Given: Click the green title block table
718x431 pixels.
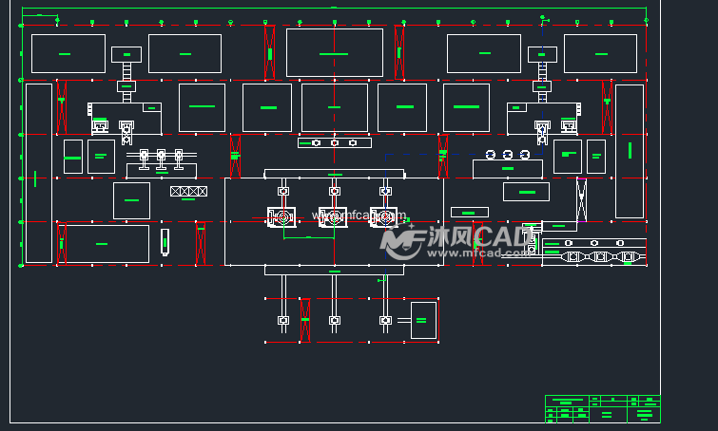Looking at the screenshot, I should [602, 408].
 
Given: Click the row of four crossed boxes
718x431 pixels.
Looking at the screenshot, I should [188, 192].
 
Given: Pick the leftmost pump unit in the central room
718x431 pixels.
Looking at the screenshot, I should [282, 217].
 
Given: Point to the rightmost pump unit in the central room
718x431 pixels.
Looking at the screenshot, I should [384, 217].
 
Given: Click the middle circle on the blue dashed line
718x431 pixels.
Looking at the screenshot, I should [508, 154].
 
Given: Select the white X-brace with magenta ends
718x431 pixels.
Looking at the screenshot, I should [580, 199].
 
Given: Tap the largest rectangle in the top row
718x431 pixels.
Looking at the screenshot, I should [334, 52].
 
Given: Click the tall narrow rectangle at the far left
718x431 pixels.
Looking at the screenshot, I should [38, 173].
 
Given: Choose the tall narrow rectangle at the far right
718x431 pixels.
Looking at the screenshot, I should [629, 151].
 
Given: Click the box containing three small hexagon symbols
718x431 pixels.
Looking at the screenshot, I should [334, 143].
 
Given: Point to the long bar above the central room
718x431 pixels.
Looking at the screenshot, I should [334, 173].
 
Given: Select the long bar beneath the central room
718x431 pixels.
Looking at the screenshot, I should [334, 271].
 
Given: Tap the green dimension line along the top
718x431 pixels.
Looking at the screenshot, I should [333, 9].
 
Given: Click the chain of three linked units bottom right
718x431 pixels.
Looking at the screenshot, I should [599, 256].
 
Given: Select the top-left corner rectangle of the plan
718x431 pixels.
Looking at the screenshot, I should [68, 53].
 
